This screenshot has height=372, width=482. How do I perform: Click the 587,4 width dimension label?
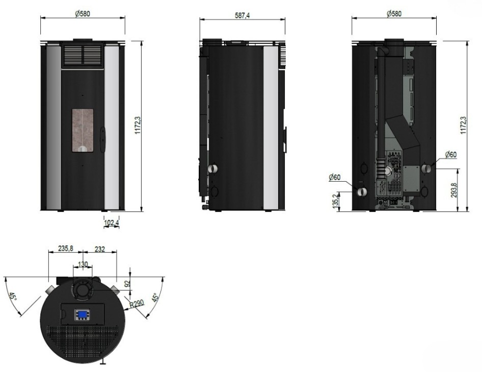[x=242, y=15]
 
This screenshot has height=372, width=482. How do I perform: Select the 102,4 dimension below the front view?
[x=111, y=222]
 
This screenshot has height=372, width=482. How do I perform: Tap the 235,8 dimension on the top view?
[x=66, y=248]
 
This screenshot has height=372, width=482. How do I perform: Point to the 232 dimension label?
[x=99, y=249]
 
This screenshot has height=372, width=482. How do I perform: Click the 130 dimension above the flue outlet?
[x=83, y=264]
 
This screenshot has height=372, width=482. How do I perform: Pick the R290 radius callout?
[x=137, y=304]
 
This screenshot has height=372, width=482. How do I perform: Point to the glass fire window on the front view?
[x=83, y=130]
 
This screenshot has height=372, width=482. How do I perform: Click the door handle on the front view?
[x=102, y=139]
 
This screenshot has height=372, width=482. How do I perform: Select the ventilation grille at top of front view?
[x=83, y=56]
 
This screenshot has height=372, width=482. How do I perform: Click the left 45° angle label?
[x=12, y=297]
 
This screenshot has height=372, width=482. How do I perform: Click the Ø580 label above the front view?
[x=83, y=14]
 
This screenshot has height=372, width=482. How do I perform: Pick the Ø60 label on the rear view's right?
[x=450, y=155]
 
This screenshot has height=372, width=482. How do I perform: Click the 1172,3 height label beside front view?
[x=138, y=125]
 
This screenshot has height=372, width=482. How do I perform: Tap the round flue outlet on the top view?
[x=83, y=289]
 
